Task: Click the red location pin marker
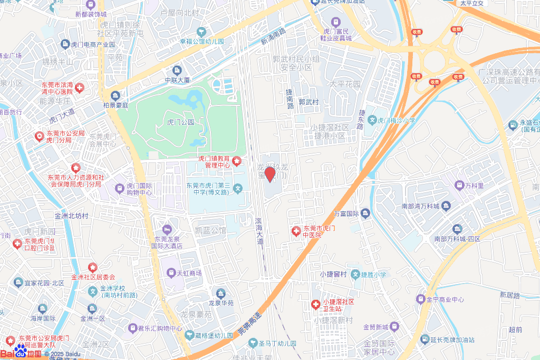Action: click(270, 173)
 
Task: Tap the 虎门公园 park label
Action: click(180, 122)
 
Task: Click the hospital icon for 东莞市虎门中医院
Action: click(297, 231)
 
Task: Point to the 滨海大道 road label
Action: click(258, 230)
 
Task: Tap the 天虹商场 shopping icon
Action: click(171, 273)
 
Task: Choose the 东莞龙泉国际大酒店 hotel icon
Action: click(167, 229)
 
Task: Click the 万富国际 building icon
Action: click(366, 213)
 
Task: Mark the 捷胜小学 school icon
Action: click(355, 274)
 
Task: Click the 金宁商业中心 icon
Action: click(420, 299)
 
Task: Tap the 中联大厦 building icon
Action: click(177, 70)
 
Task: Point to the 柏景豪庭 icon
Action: click(115, 95)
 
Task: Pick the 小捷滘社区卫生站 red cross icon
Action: click(315, 305)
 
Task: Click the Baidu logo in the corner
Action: click(21, 353)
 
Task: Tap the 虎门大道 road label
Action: click(62, 112)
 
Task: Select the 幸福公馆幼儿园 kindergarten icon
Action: click(201, 31)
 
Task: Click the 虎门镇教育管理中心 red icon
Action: click(237, 161)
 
